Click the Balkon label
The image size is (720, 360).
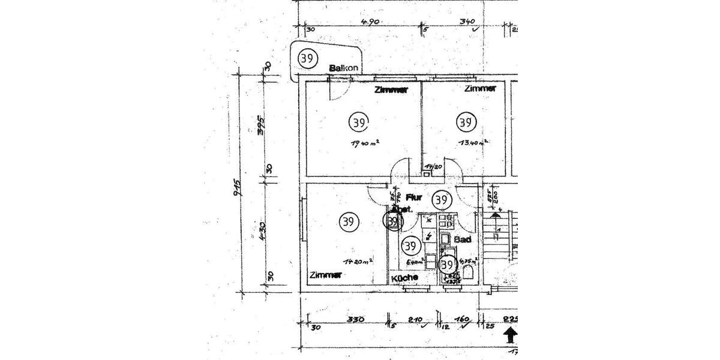[344, 68]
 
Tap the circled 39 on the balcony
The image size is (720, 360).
[307, 59]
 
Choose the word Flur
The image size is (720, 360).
[415, 197]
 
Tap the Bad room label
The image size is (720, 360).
[462, 239]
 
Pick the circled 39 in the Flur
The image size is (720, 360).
[442, 199]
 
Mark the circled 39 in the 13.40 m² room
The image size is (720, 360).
[465, 122]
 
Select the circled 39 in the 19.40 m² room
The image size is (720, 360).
[358, 122]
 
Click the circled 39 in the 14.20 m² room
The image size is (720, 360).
[347, 221]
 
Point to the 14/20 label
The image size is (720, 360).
[433, 167]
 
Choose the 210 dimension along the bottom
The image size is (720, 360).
[415, 320]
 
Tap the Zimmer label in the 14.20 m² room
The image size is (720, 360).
[326, 275]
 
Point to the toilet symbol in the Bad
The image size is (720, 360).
[469, 274]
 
